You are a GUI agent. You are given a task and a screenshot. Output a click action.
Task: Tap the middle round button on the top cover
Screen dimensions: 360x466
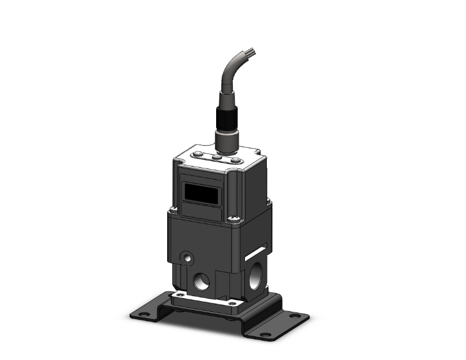217,158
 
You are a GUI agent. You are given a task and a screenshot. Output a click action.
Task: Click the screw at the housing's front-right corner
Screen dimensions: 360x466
234,219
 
